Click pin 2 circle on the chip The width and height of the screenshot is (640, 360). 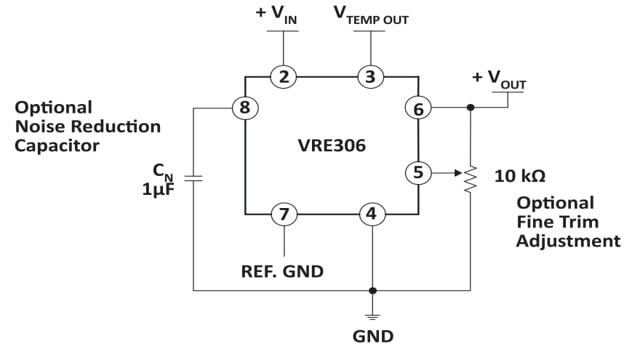(x=283, y=76)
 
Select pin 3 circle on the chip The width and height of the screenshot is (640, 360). (x=371, y=76)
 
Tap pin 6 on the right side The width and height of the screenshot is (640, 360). (x=418, y=108)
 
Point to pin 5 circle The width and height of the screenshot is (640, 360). (x=418, y=173)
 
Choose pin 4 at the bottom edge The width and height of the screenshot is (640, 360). (x=372, y=215)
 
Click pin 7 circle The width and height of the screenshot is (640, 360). (x=284, y=215)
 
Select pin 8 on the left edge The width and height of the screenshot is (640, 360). (x=245, y=108)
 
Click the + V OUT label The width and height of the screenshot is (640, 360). (x=500, y=79)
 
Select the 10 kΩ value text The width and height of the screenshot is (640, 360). (x=520, y=175)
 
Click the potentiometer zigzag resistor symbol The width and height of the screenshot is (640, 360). (x=471, y=177)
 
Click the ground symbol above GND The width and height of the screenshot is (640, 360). (x=372, y=316)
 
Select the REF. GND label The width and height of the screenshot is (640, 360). (x=282, y=272)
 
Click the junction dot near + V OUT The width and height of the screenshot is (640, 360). (x=471, y=108)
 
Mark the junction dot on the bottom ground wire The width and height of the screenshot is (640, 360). (x=372, y=290)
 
